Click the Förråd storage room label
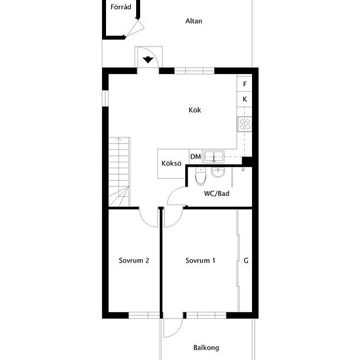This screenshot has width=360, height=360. pyautogui.click(x=121, y=7)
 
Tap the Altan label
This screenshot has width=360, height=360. pyautogui.click(x=194, y=21)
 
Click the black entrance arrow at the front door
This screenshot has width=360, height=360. pyautogui.click(x=148, y=60)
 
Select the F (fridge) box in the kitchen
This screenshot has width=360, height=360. pyautogui.click(x=244, y=84)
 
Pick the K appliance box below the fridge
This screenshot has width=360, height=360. pyautogui.click(x=244, y=99)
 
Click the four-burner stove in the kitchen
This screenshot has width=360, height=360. pyautogui.click(x=245, y=124)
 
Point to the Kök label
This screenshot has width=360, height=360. pyautogui.click(x=194, y=110)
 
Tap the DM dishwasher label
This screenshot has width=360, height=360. pyautogui.click(x=196, y=156)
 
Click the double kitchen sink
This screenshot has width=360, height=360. pyautogui.click(x=214, y=156)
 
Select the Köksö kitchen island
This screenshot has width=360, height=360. pyautogui.click(x=171, y=164)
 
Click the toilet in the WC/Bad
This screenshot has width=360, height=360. pyautogui.click(x=201, y=176)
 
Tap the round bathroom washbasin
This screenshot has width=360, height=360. pyautogui.click(x=218, y=172)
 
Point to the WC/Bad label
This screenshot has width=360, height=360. pyautogui.click(x=217, y=194)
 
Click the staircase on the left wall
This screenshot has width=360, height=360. pyautogui.click(x=119, y=171)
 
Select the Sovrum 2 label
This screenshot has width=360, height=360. pyautogui.click(x=134, y=261)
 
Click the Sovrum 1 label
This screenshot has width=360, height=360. pyautogui.click(x=200, y=261)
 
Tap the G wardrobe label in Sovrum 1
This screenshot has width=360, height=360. pyautogui.click(x=246, y=261)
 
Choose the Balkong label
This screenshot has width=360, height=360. pyautogui.click(x=206, y=348)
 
